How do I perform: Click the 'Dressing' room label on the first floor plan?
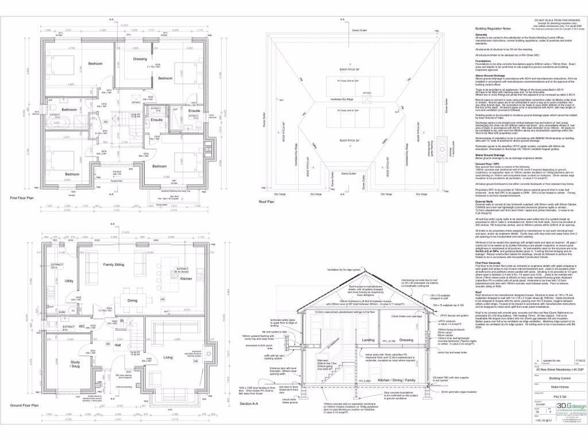(140, 59)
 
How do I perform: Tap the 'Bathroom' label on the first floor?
(69, 109)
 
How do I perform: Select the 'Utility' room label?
(69, 281)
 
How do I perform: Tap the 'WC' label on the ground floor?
(82, 327)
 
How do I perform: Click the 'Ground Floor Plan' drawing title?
(24, 421)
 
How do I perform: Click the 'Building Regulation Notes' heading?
(493, 29)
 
